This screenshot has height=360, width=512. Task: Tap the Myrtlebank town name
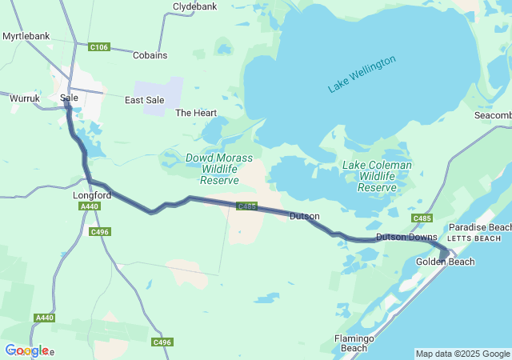point(26,36)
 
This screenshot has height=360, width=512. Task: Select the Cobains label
point(150,55)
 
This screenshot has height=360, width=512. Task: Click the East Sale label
point(145,100)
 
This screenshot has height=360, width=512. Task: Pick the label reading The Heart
point(196,113)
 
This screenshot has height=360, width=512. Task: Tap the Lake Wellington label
point(362,74)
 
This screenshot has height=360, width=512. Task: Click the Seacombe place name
point(492,115)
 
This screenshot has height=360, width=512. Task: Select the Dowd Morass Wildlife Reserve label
point(212,170)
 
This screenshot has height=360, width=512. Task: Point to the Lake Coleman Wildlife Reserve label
point(377,176)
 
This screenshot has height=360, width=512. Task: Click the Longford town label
point(90,194)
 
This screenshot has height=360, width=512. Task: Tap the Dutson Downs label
point(406,237)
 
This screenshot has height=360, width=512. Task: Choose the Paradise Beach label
point(479,228)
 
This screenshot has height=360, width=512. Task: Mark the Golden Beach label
point(445,262)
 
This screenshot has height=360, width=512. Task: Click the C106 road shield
point(99,47)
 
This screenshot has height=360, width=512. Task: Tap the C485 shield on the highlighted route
point(246,206)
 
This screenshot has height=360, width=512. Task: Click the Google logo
point(26,350)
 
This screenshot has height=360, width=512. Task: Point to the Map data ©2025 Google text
point(462,354)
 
